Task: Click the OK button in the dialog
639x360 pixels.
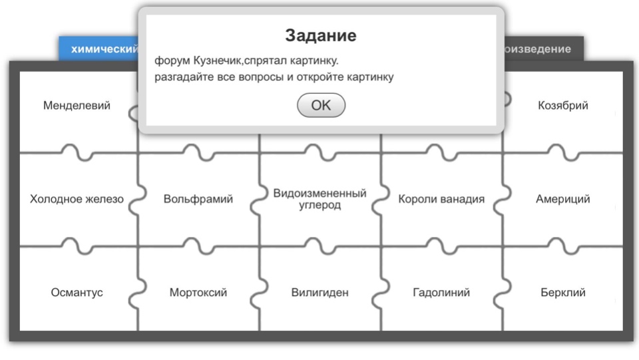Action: click(x=321, y=105)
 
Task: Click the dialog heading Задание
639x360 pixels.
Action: click(x=321, y=35)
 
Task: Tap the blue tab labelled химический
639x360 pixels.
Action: click(x=99, y=49)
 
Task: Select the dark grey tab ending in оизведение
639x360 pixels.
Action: click(x=544, y=49)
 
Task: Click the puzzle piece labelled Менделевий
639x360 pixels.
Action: click(x=77, y=106)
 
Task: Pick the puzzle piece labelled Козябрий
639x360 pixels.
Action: click(x=563, y=106)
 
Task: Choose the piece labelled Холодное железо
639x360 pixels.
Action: click(x=77, y=199)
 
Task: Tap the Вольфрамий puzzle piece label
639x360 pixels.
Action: click(x=198, y=199)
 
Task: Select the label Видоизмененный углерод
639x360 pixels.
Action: click(x=320, y=199)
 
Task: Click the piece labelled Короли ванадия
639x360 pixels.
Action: click(x=441, y=199)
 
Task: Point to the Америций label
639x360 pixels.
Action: click(x=563, y=199)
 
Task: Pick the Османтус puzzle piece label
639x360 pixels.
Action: click(x=77, y=292)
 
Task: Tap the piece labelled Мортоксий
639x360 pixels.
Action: click(x=198, y=292)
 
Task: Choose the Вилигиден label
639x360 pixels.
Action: click(x=320, y=292)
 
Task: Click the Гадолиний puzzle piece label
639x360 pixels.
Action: click(x=441, y=292)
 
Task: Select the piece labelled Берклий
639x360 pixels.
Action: click(x=563, y=292)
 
